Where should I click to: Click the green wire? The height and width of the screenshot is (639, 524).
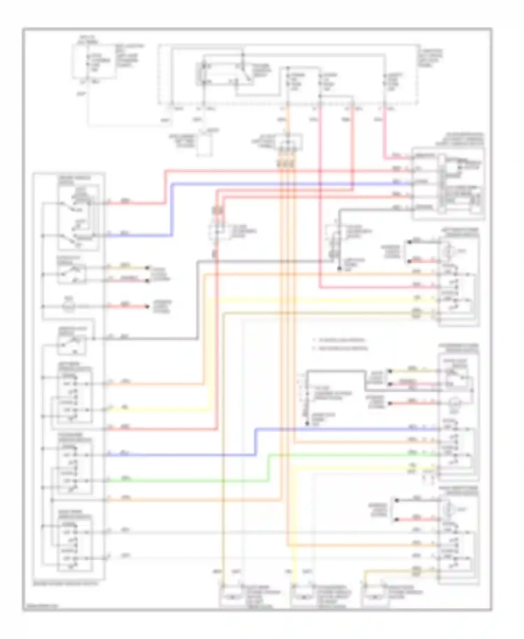tap(189, 481)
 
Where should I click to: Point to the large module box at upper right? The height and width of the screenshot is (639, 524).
tap(449, 184)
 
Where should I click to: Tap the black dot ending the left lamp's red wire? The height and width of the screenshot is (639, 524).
tap(148, 307)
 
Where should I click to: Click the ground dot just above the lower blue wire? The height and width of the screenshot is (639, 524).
tap(307, 424)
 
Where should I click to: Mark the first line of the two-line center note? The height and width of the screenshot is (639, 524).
tap(339, 340)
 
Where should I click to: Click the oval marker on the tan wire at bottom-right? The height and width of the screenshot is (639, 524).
tap(416, 571)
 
